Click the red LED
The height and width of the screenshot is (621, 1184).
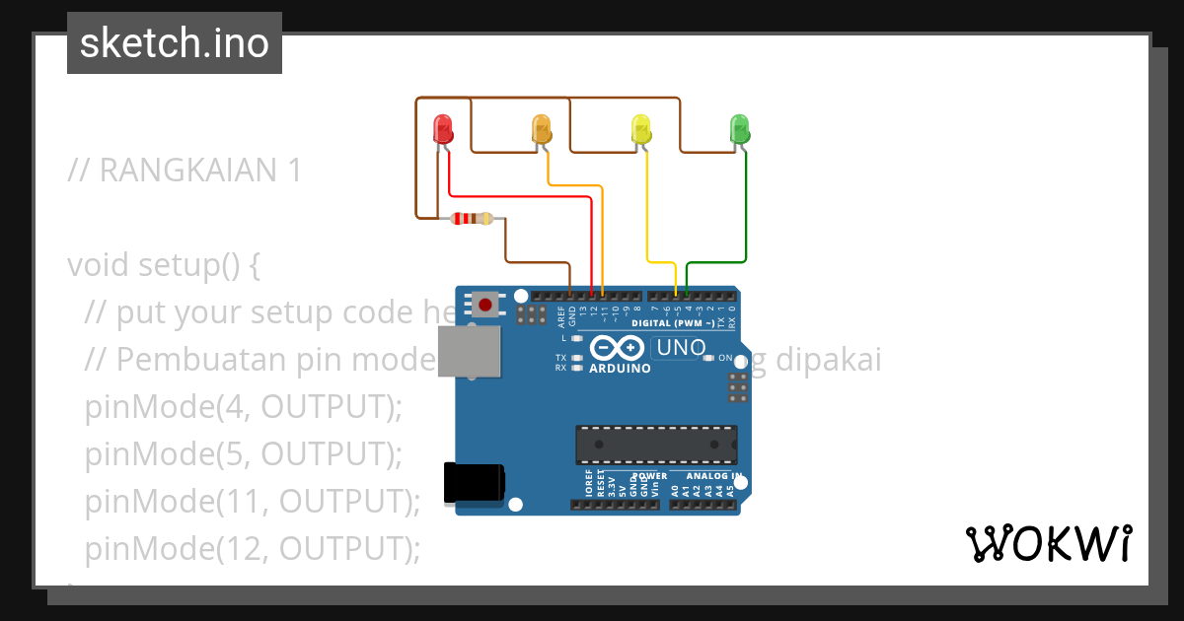point(443,129)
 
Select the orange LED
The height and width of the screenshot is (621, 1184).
point(542,129)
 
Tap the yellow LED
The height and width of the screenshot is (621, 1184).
point(641,129)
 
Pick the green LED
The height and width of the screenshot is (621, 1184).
point(739,129)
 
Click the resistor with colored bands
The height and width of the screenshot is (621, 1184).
point(472,219)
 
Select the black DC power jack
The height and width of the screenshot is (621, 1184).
point(475,482)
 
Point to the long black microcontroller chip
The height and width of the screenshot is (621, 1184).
point(656,445)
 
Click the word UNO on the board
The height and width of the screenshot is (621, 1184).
point(681,347)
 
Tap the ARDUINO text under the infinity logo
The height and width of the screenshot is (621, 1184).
point(620,369)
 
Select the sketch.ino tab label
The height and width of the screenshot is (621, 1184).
point(175,43)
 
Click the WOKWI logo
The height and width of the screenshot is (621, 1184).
point(1048,543)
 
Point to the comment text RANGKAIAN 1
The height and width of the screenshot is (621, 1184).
point(185,171)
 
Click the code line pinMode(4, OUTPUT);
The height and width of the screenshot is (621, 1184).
point(244,407)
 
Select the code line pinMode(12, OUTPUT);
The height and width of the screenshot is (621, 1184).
point(253,549)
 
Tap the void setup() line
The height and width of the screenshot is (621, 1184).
point(164,265)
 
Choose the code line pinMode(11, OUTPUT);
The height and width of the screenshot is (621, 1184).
point(253,502)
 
